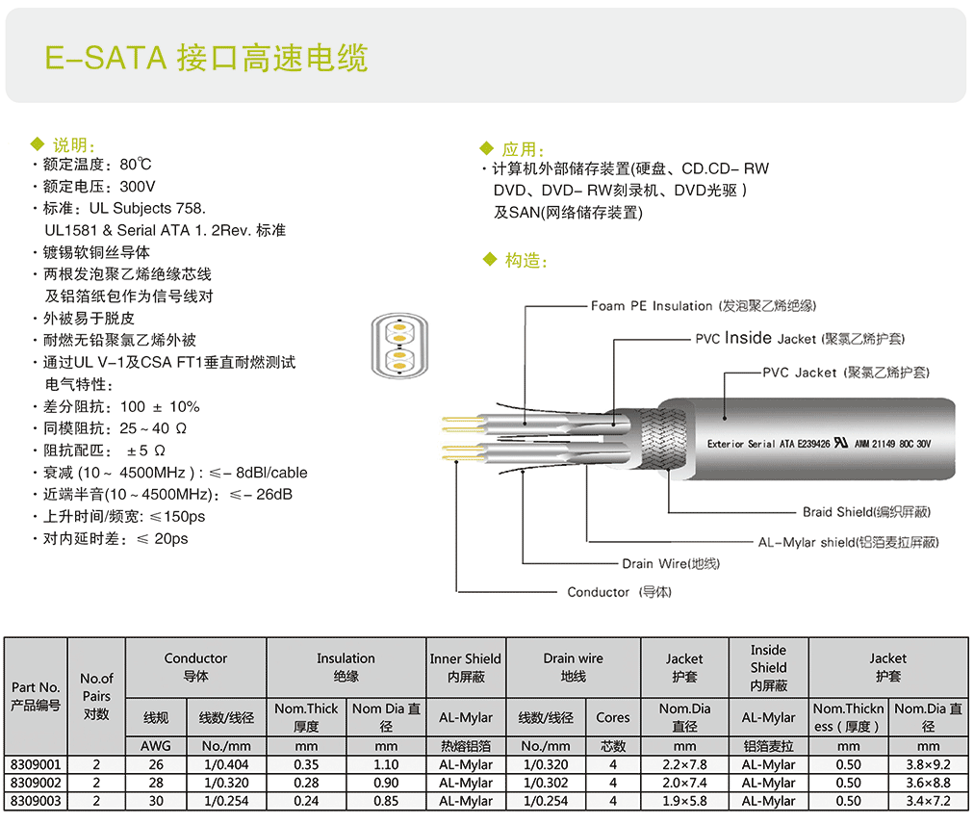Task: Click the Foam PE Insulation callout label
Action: tap(703, 306)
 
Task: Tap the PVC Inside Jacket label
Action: tap(799, 338)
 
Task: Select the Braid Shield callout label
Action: tap(866, 512)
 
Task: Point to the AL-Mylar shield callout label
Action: tap(847, 542)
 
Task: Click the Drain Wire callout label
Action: tap(671, 563)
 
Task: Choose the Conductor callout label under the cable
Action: tap(619, 592)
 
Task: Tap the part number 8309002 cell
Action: tap(35, 783)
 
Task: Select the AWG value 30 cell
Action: tap(156, 801)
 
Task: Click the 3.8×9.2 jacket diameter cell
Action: tap(928, 765)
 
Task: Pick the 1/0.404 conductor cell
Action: tap(226, 765)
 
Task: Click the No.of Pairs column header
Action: tap(96, 695)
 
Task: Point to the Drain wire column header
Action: tap(573, 666)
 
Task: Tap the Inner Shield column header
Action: tap(465, 666)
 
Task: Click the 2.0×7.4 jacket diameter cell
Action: tap(684, 783)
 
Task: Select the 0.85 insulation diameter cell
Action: tap(386, 801)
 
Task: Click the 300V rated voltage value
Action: tap(138, 186)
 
